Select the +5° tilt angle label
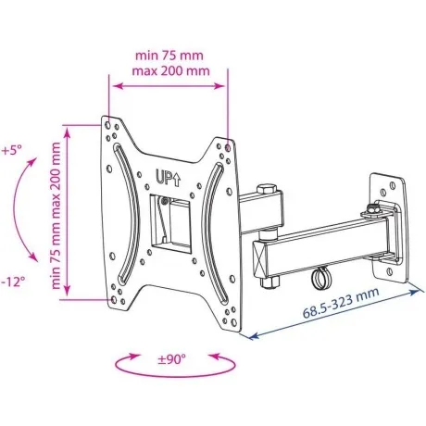14,149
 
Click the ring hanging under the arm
321,277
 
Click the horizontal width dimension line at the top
169,83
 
